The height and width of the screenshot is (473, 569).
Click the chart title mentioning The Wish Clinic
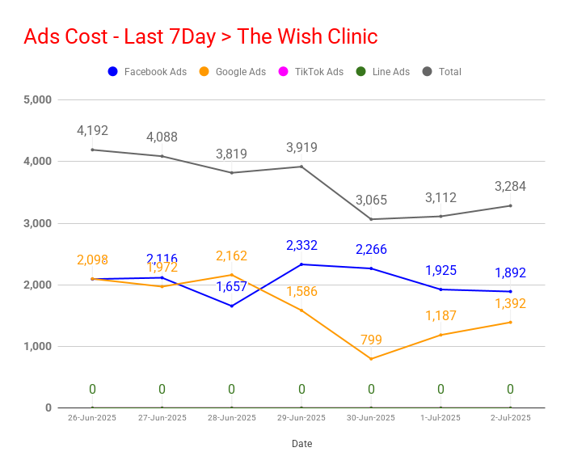click(x=200, y=36)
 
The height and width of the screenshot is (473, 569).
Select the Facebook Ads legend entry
click(x=147, y=71)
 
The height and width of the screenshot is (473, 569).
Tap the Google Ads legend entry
click(x=233, y=71)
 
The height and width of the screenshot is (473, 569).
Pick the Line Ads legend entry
click(x=382, y=71)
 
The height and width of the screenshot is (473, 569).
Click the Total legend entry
click(x=441, y=71)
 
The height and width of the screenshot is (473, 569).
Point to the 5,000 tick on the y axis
click(x=37, y=99)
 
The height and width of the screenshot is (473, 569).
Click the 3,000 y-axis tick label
click(x=37, y=223)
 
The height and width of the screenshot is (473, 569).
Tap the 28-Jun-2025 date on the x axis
click(x=231, y=418)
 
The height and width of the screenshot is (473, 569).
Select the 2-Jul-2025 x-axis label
click(x=510, y=418)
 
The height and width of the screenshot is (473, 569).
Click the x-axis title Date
click(x=302, y=444)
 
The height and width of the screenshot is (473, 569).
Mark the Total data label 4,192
click(x=92, y=130)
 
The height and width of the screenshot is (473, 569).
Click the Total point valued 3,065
click(x=371, y=219)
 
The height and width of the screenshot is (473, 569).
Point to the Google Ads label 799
click(x=371, y=340)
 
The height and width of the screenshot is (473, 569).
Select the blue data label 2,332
click(x=301, y=245)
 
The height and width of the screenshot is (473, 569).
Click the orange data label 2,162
click(x=231, y=256)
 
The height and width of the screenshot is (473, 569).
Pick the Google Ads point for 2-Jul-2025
click(x=510, y=323)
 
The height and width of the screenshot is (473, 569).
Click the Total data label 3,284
click(x=510, y=186)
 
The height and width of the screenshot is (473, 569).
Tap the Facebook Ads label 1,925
click(x=440, y=270)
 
